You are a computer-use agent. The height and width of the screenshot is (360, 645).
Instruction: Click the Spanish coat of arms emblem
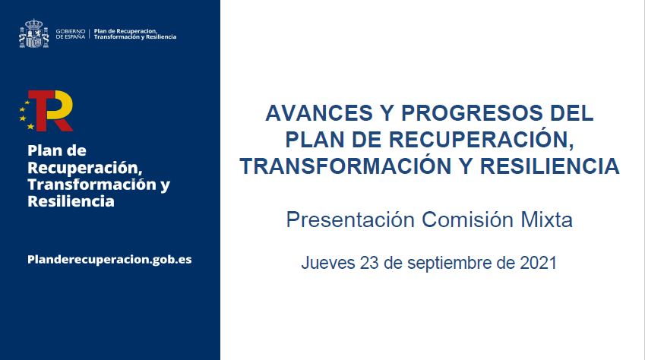tap(34, 34)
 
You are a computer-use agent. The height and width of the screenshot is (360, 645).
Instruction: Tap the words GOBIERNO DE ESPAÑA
tap(71, 33)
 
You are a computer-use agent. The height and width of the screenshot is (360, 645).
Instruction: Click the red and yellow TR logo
tap(48, 111)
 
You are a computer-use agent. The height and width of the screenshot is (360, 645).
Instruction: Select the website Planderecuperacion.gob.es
tap(109, 259)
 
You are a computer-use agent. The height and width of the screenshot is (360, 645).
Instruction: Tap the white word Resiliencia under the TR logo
tap(71, 202)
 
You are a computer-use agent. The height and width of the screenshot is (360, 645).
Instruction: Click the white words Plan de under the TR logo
tap(57, 150)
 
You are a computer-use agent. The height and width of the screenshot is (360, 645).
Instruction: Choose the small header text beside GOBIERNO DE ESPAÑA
tap(134, 33)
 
